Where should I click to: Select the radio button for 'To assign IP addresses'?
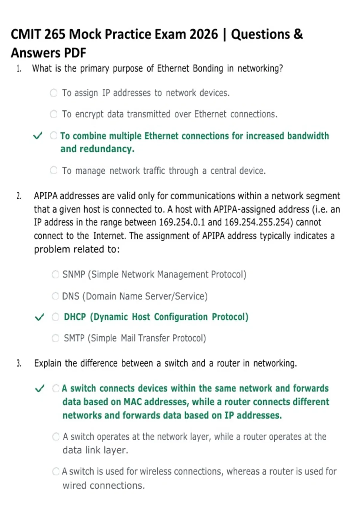tap(54, 93)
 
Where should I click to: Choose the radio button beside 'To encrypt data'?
tap(54, 114)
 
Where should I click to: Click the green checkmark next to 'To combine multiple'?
tap(37, 136)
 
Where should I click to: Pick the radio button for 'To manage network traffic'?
tap(54, 170)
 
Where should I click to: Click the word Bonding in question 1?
tap(208, 68)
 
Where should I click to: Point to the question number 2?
tap(19, 196)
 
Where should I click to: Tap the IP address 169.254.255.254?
tap(258, 222)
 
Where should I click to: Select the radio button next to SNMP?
tap(55, 274)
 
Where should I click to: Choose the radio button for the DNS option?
tap(55, 296)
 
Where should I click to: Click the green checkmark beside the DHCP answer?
tap(39, 317)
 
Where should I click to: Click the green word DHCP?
tap(75, 317)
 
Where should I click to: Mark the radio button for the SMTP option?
tap(55, 338)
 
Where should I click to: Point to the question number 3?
tap(19, 363)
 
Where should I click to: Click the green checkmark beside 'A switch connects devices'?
tap(40, 388)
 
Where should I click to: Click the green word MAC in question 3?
tap(133, 402)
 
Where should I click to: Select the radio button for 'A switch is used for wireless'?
tap(56, 471)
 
